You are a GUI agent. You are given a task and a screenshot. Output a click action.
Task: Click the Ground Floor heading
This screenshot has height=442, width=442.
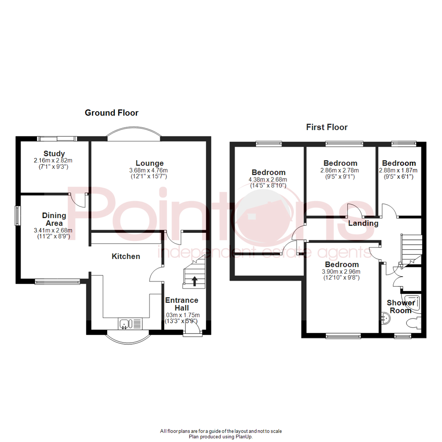111,113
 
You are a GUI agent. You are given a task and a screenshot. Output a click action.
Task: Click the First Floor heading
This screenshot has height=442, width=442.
327,127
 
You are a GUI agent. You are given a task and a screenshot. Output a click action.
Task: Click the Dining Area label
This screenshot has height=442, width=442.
54,219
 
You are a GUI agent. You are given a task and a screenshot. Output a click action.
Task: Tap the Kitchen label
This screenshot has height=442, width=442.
126,257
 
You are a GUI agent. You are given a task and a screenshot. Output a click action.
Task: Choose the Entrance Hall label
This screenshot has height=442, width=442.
182,304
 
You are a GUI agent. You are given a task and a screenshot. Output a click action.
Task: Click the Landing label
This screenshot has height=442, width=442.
363,223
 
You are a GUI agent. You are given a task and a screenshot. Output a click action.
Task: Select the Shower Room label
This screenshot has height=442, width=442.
399,307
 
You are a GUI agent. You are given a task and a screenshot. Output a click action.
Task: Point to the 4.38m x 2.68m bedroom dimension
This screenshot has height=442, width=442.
268,180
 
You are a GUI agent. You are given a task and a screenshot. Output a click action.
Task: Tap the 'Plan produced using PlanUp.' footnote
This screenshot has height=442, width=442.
221,437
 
